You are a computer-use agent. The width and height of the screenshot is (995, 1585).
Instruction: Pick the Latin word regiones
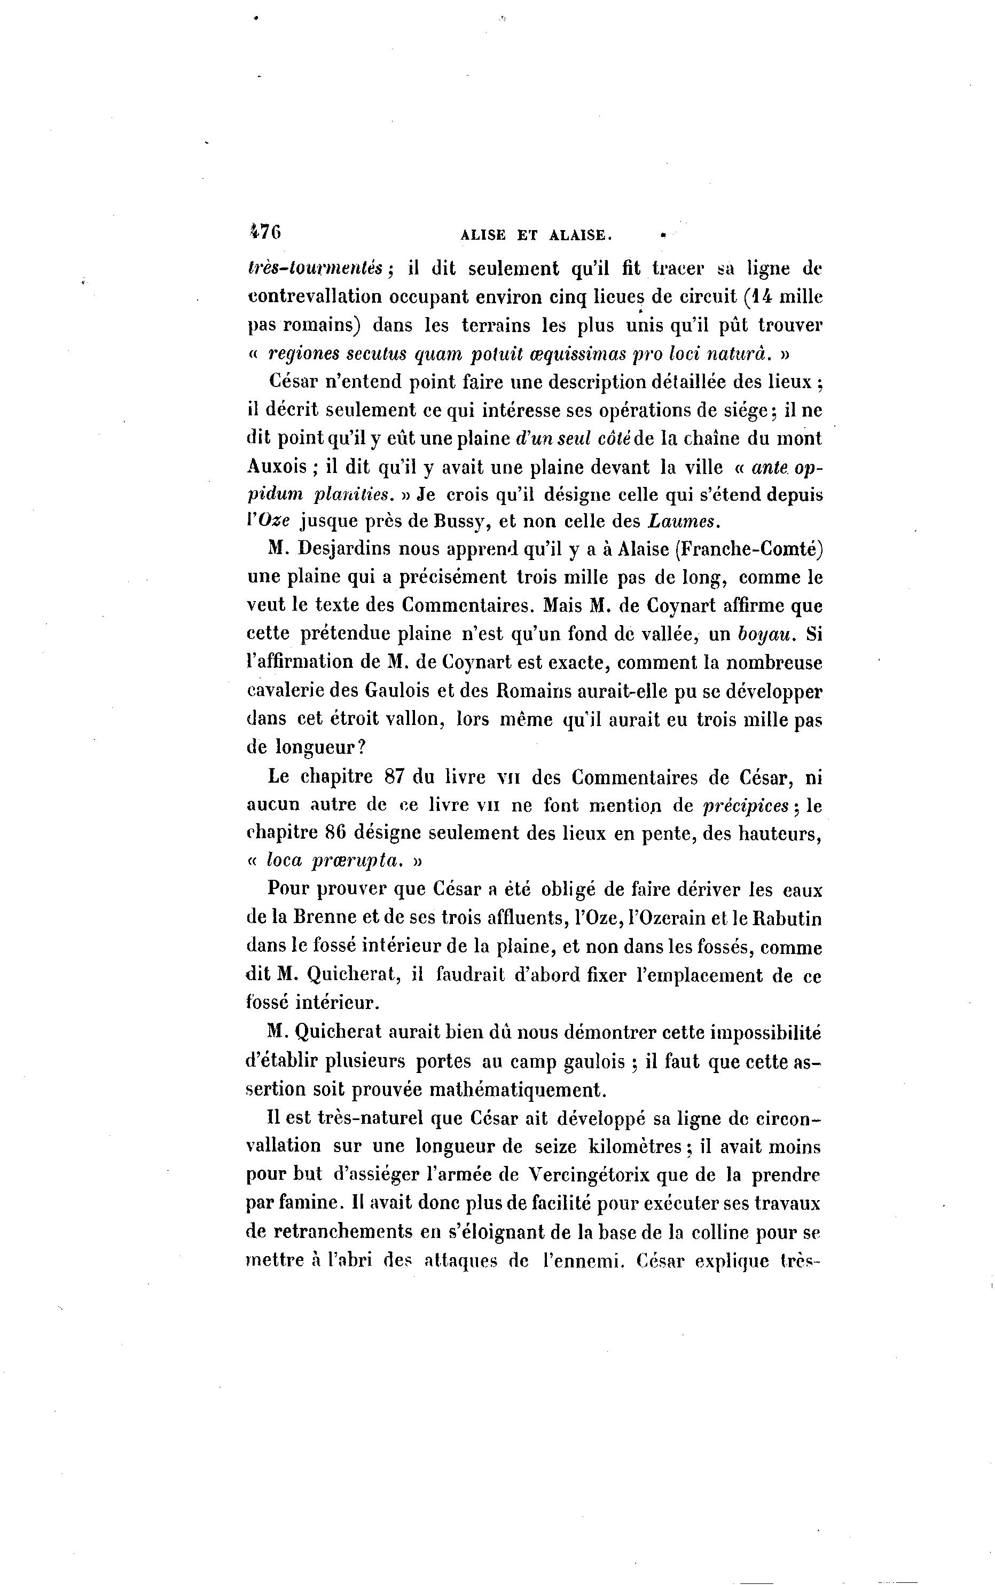click(x=303, y=354)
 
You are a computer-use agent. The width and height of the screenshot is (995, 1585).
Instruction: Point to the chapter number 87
click(x=393, y=777)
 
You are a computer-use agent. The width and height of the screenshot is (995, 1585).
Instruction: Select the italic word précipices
click(x=746, y=806)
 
